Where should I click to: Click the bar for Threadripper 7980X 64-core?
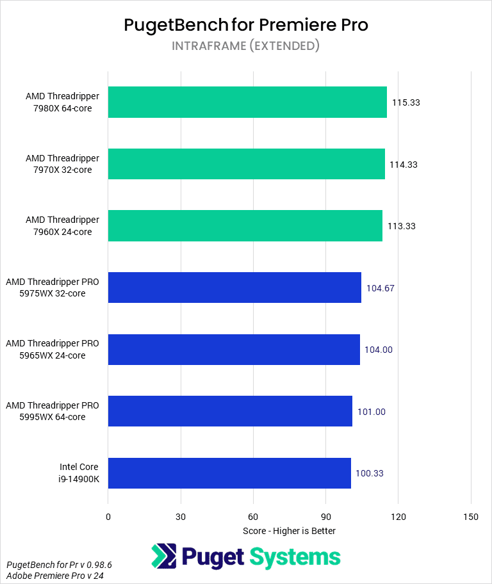(247, 102)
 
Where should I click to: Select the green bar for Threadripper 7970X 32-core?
(246, 165)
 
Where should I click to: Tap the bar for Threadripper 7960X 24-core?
(245, 226)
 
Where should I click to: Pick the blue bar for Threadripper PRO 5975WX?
(234, 288)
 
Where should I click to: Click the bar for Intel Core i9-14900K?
(229, 473)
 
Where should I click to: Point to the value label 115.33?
(406, 102)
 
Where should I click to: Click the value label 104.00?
(379, 350)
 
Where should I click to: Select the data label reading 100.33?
(370, 473)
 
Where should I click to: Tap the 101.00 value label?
(371, 412)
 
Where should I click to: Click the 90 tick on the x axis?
(325, 517)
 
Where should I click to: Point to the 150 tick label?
(471, 517)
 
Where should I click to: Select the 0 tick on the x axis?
(108, 517)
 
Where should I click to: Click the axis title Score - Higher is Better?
(290, 531)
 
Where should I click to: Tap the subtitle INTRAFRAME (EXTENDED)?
(245, 46)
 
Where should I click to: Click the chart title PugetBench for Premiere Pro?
(245, 25)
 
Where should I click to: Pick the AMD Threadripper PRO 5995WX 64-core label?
(53, 412)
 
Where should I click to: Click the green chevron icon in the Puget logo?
(164, 556)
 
